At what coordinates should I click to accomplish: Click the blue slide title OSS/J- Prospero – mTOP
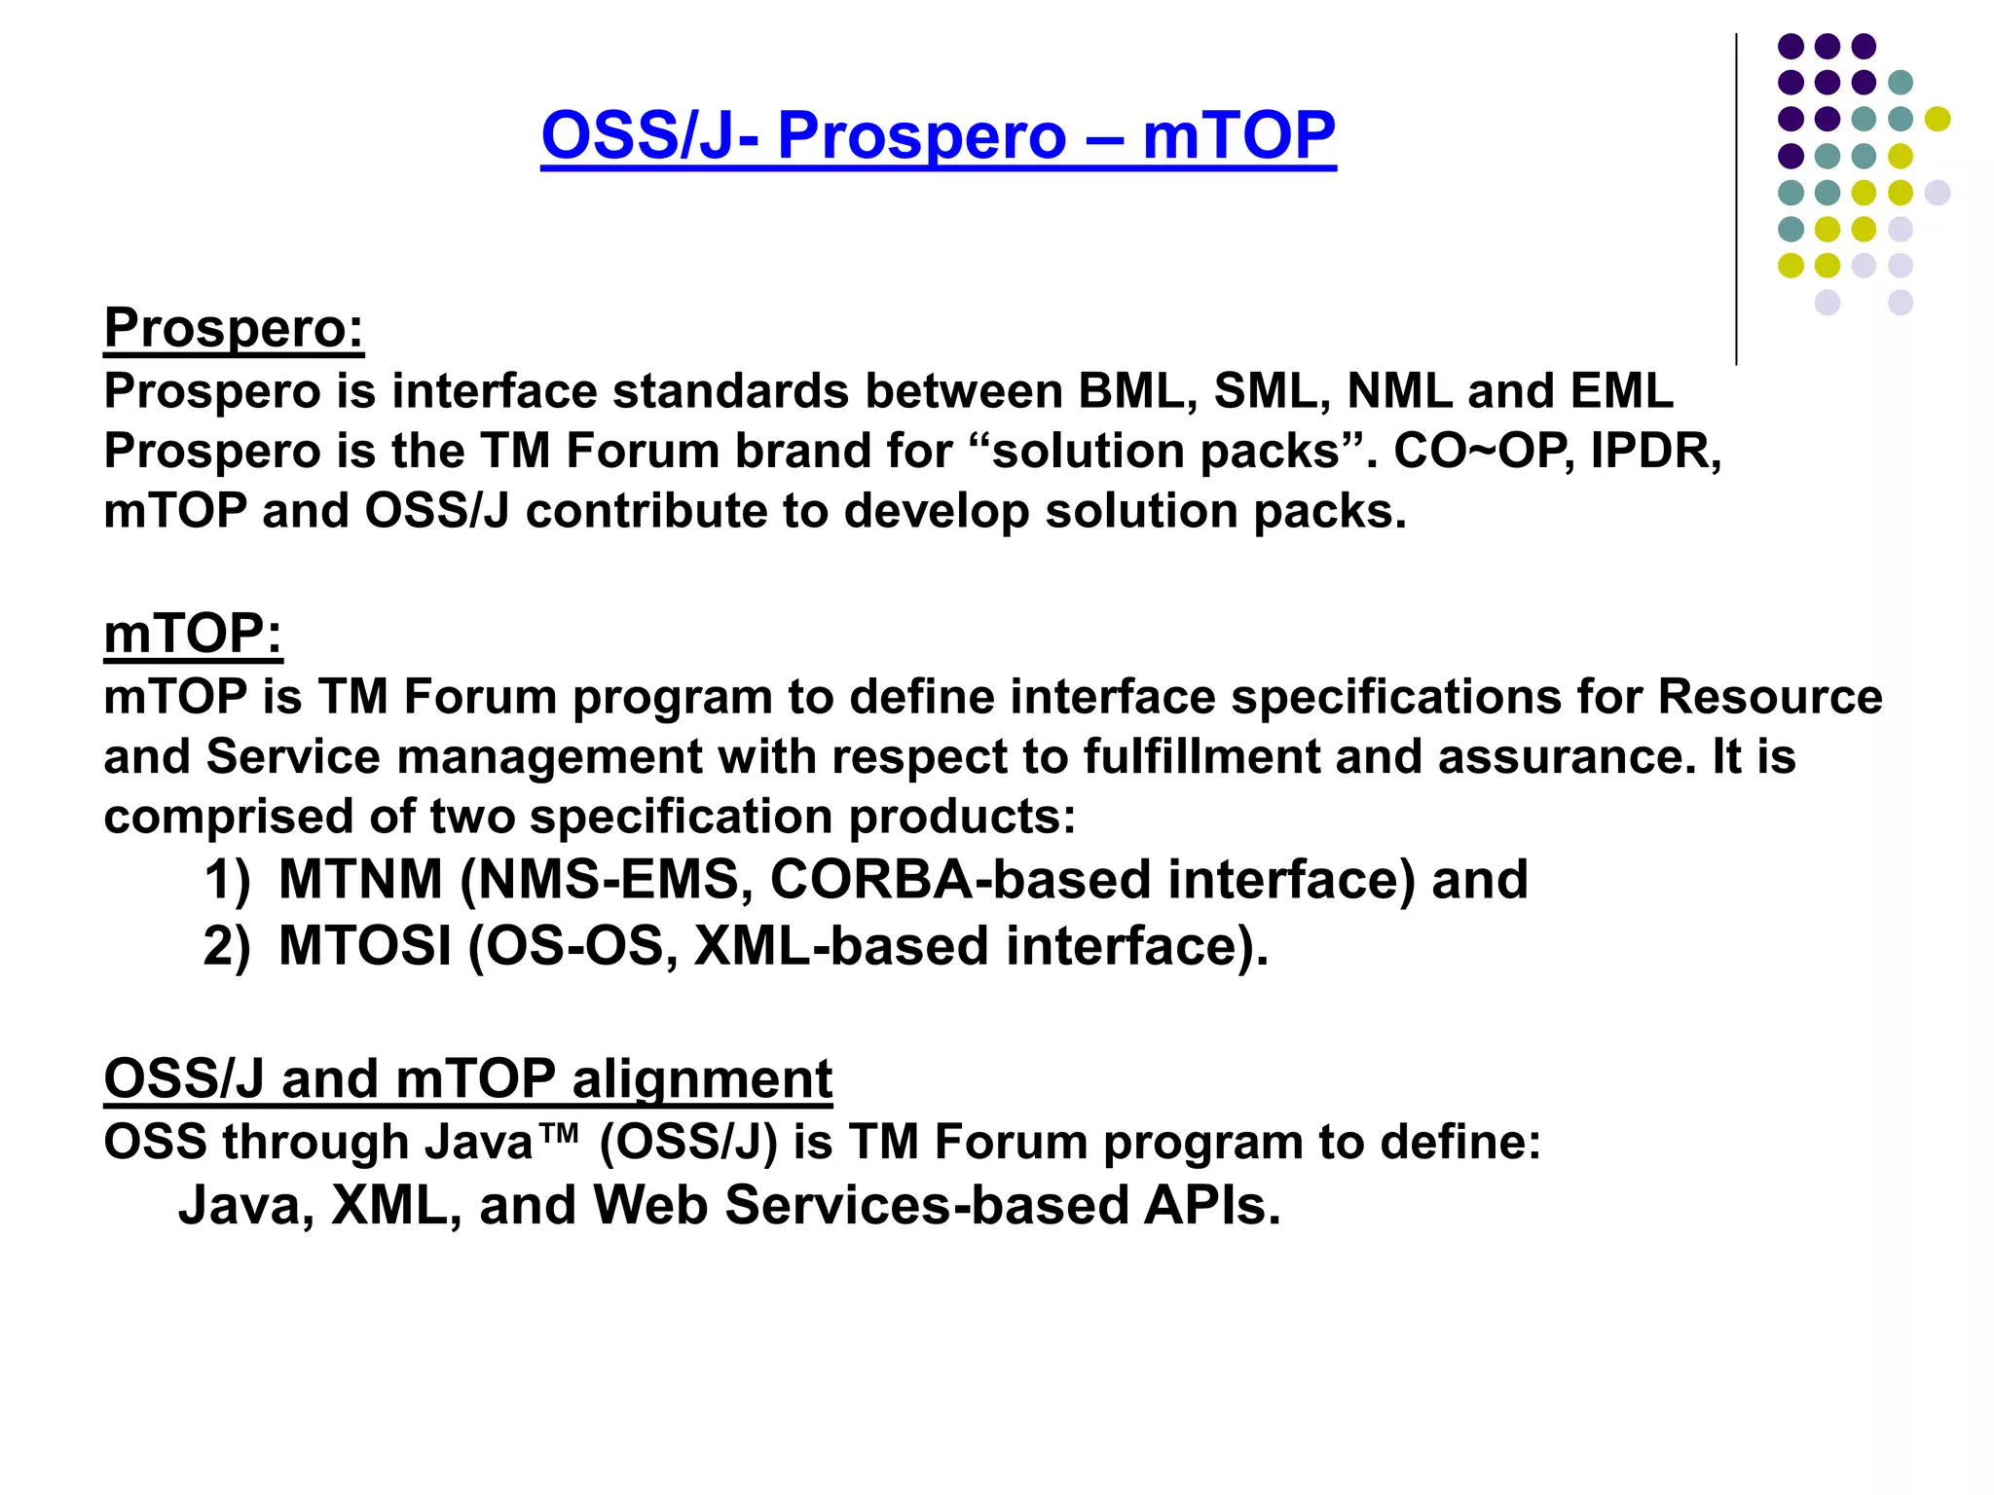pos(938,135)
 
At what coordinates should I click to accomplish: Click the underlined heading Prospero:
pos(234,327)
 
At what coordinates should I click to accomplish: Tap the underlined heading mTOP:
pos(193,634)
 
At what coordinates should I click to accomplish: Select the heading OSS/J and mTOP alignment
pos(467,1078)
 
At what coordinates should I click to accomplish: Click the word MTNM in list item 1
pos(360,880)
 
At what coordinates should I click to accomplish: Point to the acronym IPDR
pos(1654,451)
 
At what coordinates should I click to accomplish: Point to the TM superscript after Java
pos(559,1131)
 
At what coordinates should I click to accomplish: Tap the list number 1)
pos(227,881)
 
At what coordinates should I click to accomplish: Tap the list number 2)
pos(227,947)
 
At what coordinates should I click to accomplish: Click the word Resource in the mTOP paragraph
pos(1769,697)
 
